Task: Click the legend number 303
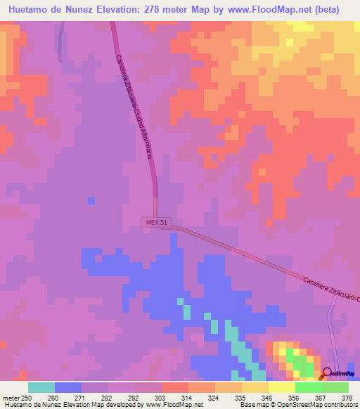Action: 148,398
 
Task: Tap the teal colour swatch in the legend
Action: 41,387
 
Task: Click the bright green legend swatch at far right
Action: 335,387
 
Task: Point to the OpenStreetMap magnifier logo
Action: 326,374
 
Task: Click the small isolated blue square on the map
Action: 91,201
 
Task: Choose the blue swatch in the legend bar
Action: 68,387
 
